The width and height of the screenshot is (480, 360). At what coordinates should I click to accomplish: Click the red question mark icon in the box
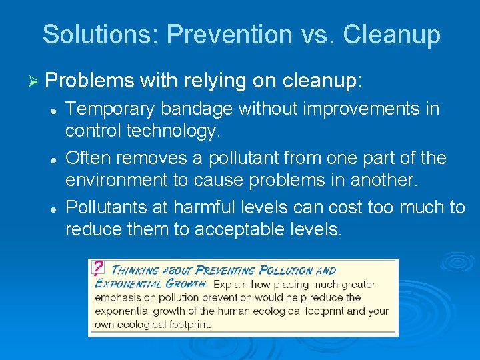98,267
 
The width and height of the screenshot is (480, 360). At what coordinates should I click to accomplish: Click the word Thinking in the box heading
133,271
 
